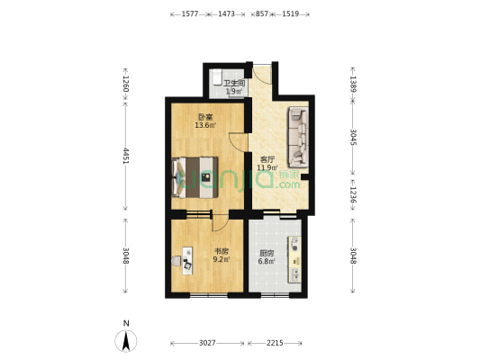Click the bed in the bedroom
tap(195, 177)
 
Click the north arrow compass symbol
tap(127, 339)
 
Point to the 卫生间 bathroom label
tap(235, 83)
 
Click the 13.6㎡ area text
tap(204, 125)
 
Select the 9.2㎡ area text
tap(222, 260)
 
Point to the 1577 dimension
tap(190, 14)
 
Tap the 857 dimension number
tap(261, 14)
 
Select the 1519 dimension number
tap(291, 14)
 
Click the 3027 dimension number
tap(207, 343)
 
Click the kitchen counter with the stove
tap(294, 258)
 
